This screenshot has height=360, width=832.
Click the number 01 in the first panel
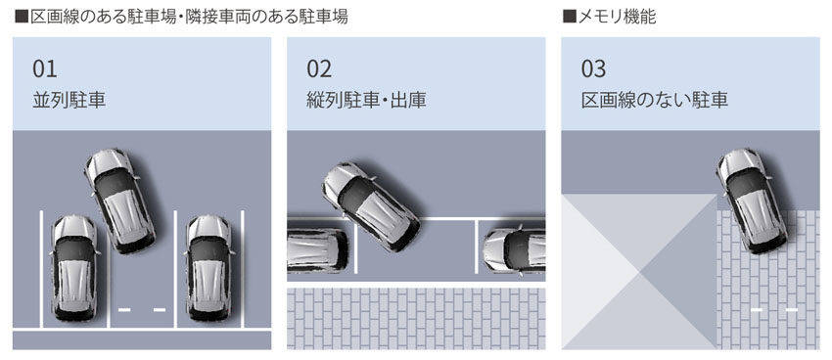(x=45, y=68)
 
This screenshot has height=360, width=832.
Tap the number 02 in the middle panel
(x=319, y=68)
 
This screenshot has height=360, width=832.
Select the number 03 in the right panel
(x=593, y=68)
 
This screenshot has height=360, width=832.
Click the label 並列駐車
(x=69, y=100)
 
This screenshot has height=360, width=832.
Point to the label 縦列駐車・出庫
(x=366, y=100)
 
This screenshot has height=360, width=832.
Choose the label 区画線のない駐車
(x=654, y=100)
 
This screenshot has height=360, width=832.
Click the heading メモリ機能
(x=616, y=17)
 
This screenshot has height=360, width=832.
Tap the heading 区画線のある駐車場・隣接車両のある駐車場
(x=188, y=17)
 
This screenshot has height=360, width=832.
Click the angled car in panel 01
(x=120, y=200)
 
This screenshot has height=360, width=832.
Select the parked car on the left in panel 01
(x=74, y=267)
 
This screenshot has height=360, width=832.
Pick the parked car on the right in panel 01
(x=209, y=267)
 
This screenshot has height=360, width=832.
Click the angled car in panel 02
(x=371, y=206)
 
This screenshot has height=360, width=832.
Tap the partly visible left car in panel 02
(x=317, y=248)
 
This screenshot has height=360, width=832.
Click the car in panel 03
(x=752, y=201)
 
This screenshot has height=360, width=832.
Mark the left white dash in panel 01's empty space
(x=124, y=310)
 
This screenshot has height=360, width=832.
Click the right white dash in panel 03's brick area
(x=792, y=310)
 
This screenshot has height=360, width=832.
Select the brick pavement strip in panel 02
(x=416, y=319)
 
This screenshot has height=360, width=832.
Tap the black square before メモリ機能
(x=569, y=18)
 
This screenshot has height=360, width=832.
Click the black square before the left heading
(x=22, y=18)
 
